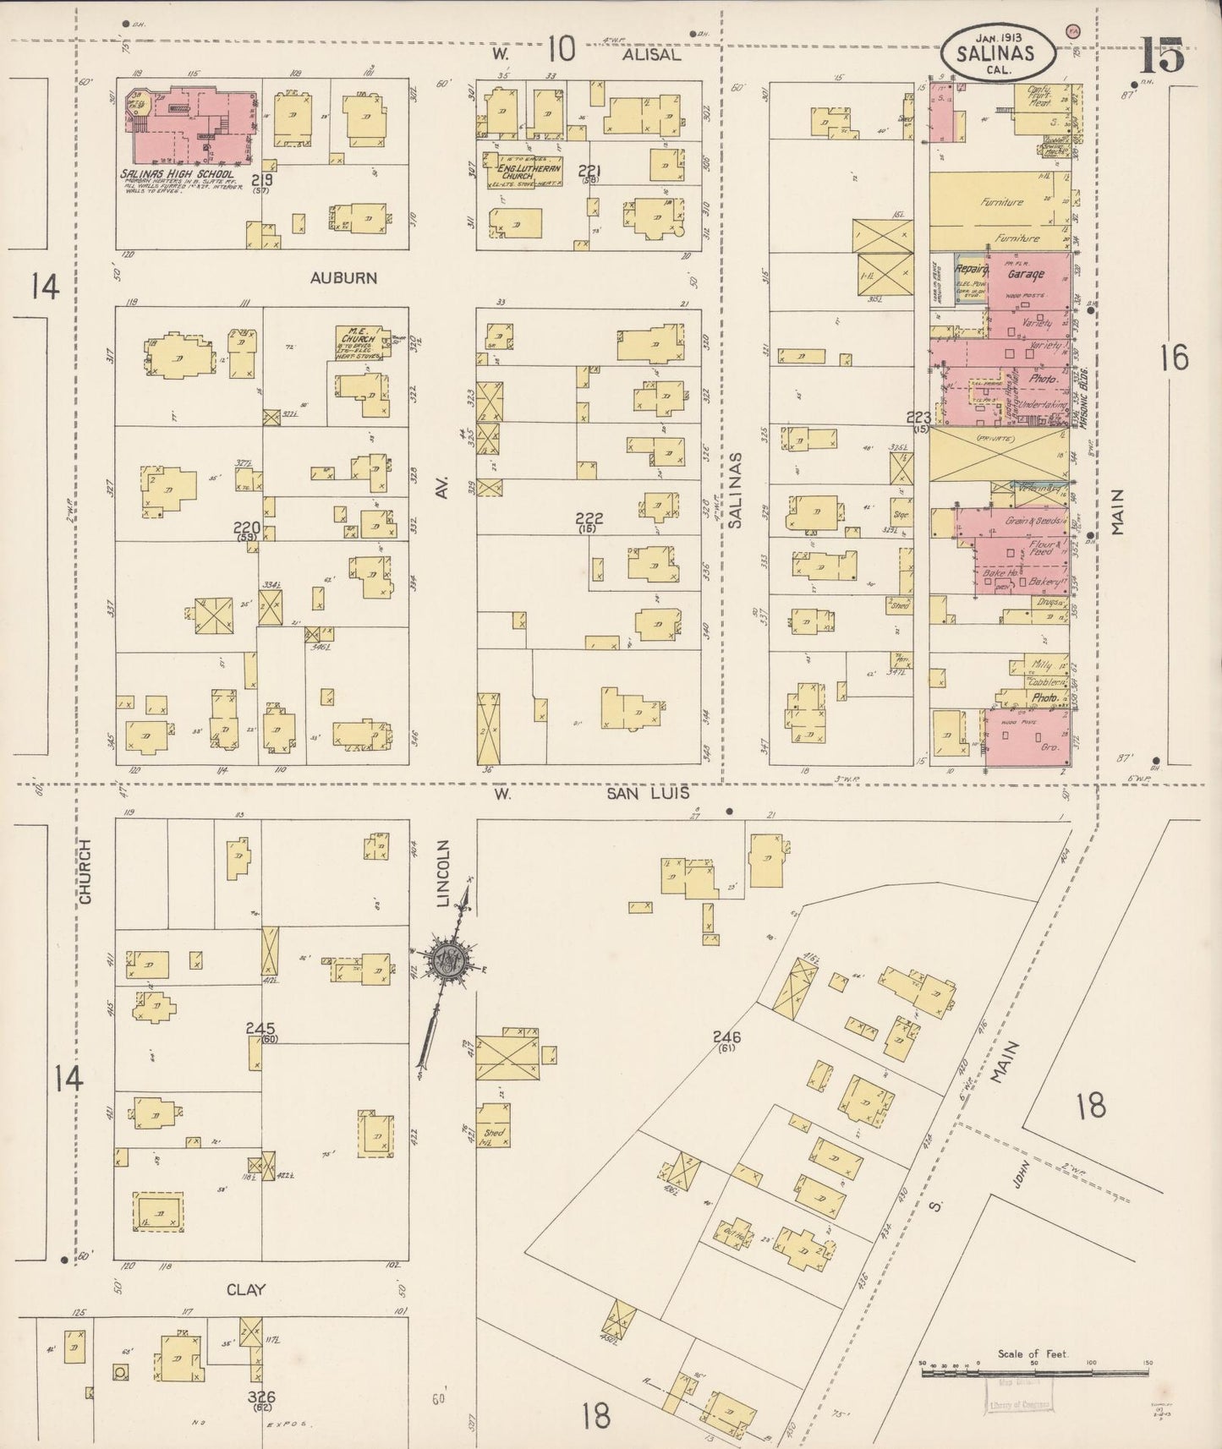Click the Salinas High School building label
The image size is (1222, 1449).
[x=177, y=173]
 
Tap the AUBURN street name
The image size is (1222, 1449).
[x=342, y=277]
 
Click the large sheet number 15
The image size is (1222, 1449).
[x=1164, y=56]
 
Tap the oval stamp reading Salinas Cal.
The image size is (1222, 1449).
[x=998, y=52]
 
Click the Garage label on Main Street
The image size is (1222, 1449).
[x=1025, y=274]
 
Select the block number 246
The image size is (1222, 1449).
[x=726, y=1036]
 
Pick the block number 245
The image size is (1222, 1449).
[x=260, y=1028]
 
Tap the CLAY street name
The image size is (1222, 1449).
[x=245, y=1290]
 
